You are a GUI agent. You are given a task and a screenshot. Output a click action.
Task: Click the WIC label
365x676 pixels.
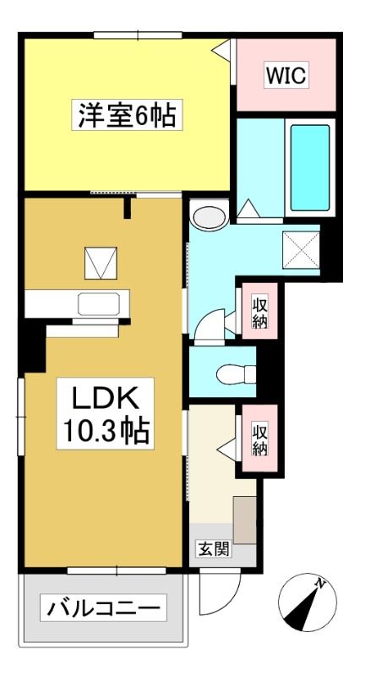(x=286, y=75)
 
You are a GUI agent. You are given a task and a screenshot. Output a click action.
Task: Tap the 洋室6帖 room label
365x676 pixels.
(x=127, y=115)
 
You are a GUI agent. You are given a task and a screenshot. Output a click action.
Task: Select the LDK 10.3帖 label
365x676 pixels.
(x=106, y=414)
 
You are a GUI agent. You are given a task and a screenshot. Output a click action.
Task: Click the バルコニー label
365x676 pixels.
(x=103, y=608)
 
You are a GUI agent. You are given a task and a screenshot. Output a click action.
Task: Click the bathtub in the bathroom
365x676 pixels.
(x=310, y=168)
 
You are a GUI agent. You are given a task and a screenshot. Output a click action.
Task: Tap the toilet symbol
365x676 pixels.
(x=236, y=373)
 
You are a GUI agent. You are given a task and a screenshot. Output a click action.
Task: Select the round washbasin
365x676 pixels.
(x=210, y=218)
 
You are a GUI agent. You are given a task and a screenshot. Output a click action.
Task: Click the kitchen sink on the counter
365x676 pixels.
(x=99, y=304)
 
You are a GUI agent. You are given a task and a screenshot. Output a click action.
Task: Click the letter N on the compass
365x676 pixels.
(x=319, y=583)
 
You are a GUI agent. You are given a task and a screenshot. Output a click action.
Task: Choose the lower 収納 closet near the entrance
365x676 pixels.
(x=260, y=439)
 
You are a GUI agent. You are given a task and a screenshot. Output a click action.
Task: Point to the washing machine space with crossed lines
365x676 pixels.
(x=302, y=250)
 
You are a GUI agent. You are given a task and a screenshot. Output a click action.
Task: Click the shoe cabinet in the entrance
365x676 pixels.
(x=245, y=520)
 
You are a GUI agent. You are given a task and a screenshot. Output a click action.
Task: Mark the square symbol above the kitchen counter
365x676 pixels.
(x=101, y=263)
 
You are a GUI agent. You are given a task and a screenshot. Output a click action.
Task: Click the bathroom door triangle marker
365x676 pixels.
(x=248, y=209)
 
